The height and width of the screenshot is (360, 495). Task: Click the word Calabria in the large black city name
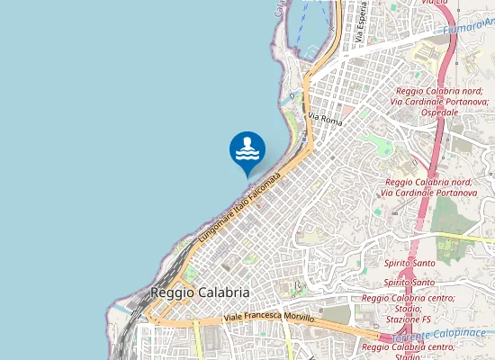[226, 293]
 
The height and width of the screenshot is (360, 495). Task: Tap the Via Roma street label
[326, 118]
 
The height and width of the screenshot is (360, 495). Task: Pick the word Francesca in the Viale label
[265, 318]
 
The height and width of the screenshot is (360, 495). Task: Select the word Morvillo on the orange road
[300, 319]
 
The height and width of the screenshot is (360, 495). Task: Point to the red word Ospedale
[439, 112]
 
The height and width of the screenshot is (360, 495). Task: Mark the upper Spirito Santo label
[409, 263]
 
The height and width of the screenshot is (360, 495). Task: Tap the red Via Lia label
[434, 3]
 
